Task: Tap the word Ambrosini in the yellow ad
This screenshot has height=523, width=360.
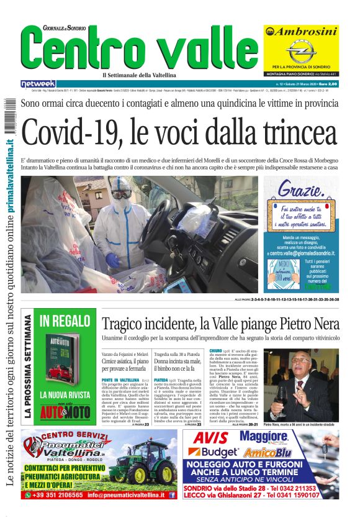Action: coord(301,32)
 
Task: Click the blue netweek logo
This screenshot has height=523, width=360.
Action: coord(38,84)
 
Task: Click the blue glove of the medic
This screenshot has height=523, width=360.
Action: coord(112,259)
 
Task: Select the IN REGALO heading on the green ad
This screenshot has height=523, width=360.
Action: coord(65,321)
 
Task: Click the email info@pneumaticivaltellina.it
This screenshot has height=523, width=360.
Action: coord(127,495)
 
